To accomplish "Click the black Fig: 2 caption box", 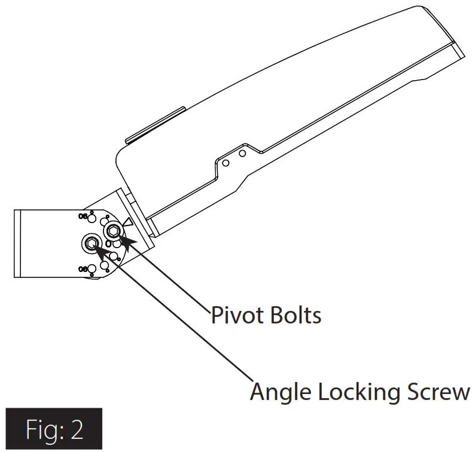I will pos(54,429).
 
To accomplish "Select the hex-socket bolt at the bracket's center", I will pos(91,242).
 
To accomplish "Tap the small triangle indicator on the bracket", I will pos(126,222).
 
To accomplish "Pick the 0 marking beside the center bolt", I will pos(108,244).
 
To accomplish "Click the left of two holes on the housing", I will pos(226,162).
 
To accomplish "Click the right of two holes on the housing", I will pos(242,154).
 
